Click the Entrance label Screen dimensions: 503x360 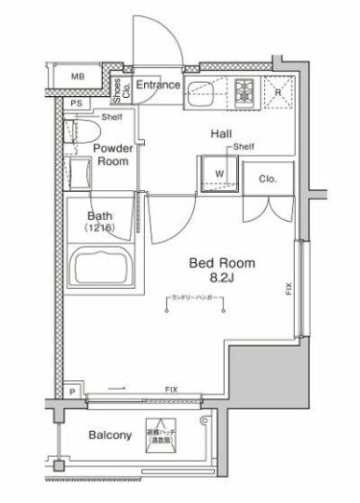(x=157, y=85)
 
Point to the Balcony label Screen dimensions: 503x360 (x=109, y=435)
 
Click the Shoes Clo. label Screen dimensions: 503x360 (x=118, y=88)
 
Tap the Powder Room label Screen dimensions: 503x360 (x=111, y=156)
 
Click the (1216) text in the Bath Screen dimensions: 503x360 (x=101, y=229)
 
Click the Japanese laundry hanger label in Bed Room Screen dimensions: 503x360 (x=202, y=298)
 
